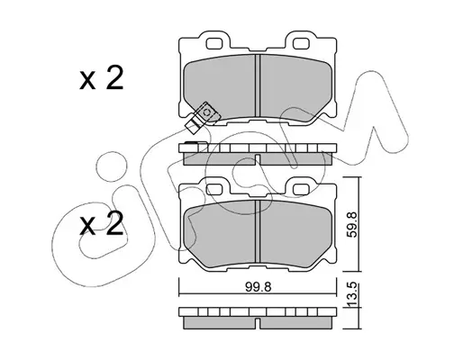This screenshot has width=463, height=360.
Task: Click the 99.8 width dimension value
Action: click(x=259, y=287)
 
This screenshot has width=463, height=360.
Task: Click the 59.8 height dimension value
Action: click(x=351, y=224)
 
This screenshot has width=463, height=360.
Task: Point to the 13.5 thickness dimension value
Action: click(x=351, y=295)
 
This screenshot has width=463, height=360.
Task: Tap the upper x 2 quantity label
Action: click(x=102, y=78)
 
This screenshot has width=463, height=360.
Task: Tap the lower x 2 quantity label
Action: click(x=102, y=223)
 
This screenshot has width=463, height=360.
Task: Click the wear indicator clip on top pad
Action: click(x=202, y=117)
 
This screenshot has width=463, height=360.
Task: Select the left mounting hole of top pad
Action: click(x=213, y=44)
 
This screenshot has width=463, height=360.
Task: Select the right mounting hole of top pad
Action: click(x=301, y=44)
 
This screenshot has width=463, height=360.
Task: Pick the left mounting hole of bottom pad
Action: click(x=213, y=189)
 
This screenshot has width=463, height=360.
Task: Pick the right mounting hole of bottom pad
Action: click(x=301, y=189)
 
